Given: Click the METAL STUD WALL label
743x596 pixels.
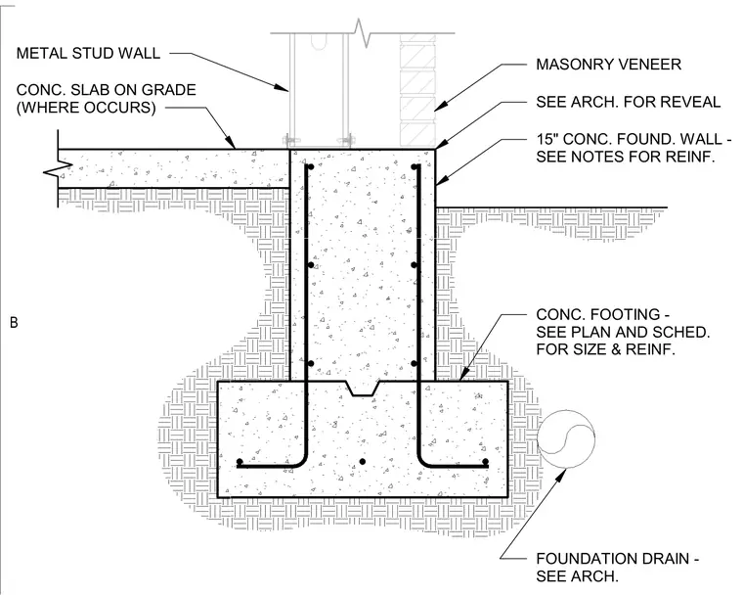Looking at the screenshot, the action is pyautogui.click(x=88, y=53).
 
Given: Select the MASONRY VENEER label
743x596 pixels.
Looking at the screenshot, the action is pyautogui.click(x=608, y=64).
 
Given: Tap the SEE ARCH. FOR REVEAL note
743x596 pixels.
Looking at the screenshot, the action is pyautogui.click(x=629, y=102).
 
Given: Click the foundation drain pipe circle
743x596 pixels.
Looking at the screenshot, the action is pyautogui.click(x=566, y=439).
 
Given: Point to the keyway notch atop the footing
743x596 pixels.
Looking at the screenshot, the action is pyautogui.click(x=364, y=389).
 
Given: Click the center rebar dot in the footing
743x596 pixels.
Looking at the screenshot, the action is pyautogui.click(x=363, y=461).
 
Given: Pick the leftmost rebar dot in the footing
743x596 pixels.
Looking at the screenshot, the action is pyautogui.click(x=240, y=461).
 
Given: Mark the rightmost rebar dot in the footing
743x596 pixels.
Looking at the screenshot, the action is pyautogui.click(x=485, y=461).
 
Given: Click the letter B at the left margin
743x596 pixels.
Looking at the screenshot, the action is pyautogui.click(x=14, y=323).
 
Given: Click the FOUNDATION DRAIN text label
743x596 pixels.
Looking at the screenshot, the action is pyautogui.click(x=613, y=559).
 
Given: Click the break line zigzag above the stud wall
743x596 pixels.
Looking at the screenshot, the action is pyautogui.click(x=362, y=32).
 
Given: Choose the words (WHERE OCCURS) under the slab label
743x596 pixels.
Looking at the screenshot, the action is pyautogui.click(x=86, y=108).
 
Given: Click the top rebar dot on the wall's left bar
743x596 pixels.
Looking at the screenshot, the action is pyautogui.click(x=311, y=167).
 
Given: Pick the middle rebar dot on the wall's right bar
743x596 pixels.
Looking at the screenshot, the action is pyautogui.click(x=414, y=265).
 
